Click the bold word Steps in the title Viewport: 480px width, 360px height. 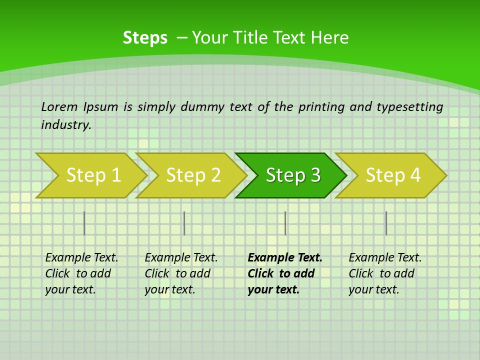pos(145,38)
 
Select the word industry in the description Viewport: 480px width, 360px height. pos(66,125)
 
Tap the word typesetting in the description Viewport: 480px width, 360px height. pos(410,106)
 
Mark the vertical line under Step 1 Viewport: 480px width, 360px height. pos(84,223)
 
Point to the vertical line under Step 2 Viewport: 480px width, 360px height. pos(184,223)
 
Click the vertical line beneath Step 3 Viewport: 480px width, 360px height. pos(285,223)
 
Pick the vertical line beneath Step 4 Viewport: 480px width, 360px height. pos(386,223)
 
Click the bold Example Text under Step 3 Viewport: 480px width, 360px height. pos(285,258)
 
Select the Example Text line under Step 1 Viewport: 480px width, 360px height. pos(81,258)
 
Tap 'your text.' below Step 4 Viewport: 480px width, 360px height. pos(373,290)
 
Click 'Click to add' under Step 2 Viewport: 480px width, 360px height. pos(177,274)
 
